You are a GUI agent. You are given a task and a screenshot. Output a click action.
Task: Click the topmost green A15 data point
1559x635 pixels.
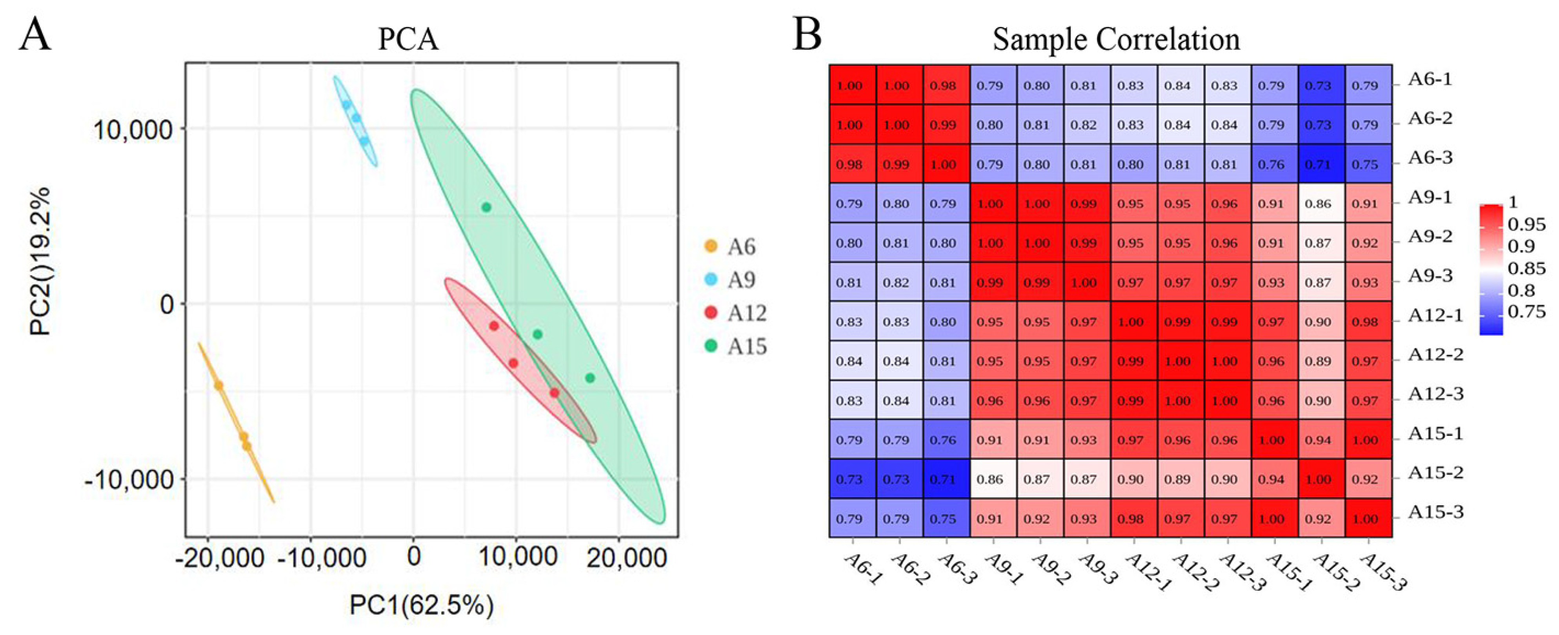tap(486, 207)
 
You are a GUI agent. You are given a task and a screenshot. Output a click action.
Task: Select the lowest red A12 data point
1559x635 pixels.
tap(554, 393)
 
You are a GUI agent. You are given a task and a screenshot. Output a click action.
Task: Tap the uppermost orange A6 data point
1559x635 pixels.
tap(218, 386)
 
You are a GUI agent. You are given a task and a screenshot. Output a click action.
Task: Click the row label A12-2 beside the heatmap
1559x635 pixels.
tap(1435, 355)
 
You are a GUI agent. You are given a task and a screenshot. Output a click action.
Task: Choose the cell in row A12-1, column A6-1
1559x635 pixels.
tap(849, 322)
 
